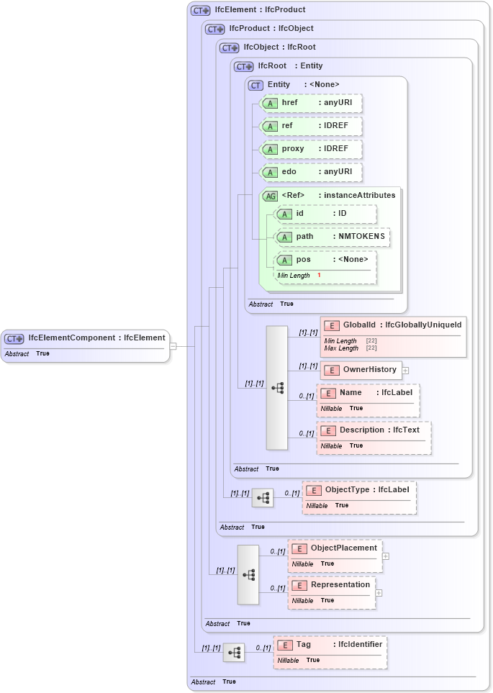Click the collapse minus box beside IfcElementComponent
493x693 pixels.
pyautogui.click(x=173, y=346)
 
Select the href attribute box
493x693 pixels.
pyautogui.click(x=311, y=103)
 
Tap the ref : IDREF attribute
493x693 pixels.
pyautogui.click(x=311, y=126)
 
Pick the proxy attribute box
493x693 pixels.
pyautogui.click(x=311, y=149)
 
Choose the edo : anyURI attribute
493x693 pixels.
pyautogui.click(x=311, y=172)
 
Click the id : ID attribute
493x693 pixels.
pyautogui.click(x=326, y=214)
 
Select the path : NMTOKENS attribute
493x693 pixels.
pyautogui.click(x=333, y=237)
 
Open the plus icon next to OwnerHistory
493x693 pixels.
pyautogui.click(x=406, y=371)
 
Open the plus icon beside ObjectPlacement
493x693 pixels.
pyautogui.click(x=386, y=556)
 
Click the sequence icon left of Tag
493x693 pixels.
pyautogui.click(x=234, y=653)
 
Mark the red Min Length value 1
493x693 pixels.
pyautogui.click(x=319, y=276)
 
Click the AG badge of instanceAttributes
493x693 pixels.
pyautogui.click(x=271, y=196)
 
